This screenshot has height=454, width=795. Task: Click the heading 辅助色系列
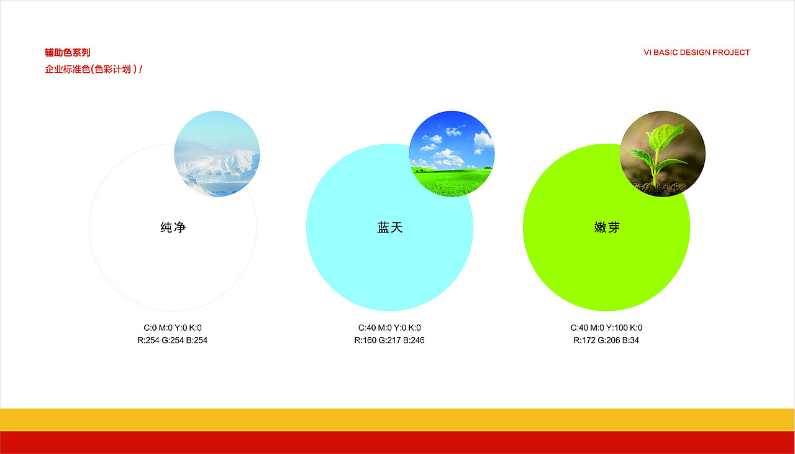(x=67, y=53)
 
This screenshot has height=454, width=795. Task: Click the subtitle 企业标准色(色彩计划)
(x=91, y=70)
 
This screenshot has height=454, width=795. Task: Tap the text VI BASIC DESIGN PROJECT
(x=696, y=53)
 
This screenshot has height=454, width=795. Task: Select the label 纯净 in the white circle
(x=173, y=228)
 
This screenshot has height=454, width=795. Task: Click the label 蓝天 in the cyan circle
(x=390, y=228)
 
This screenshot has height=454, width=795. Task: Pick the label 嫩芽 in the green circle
(x=607, y=228)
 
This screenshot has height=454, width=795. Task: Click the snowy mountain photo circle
(x=217, y=154)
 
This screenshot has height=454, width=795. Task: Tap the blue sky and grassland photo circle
(x=452, y=154)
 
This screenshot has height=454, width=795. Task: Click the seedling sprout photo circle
(x=663, y=154)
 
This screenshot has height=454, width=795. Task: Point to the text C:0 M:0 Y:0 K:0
(x=173, y=328)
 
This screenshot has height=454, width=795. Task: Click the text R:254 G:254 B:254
(x=173, y=340)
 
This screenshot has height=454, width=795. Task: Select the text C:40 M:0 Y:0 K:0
(x=389, y=328)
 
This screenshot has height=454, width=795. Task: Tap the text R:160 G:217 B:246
(x=389, y=340)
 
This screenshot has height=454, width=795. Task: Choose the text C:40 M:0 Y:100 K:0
(x=606, y=328)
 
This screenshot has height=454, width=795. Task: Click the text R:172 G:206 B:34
(x=606, y=340)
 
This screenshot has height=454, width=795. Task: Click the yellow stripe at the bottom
(x=397, y=419)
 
